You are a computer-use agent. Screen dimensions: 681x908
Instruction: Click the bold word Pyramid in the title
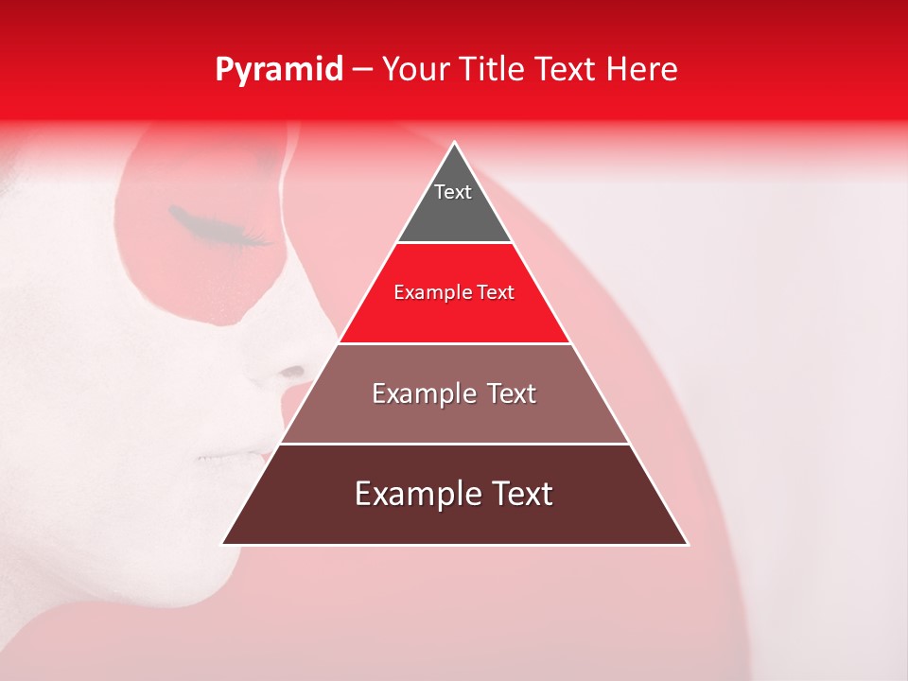click(278, 70)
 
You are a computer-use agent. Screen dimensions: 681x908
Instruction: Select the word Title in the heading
click(493, 70)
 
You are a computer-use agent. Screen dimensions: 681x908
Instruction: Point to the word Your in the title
click(416, 70)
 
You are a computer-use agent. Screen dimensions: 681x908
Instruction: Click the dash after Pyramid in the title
click(362, 71)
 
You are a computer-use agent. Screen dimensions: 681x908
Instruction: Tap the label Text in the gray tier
click(453, 192)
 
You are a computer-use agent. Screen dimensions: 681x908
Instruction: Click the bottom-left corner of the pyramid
click(223, 544)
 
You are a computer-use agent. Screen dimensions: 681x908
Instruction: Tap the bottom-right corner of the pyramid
click(687, 544)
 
